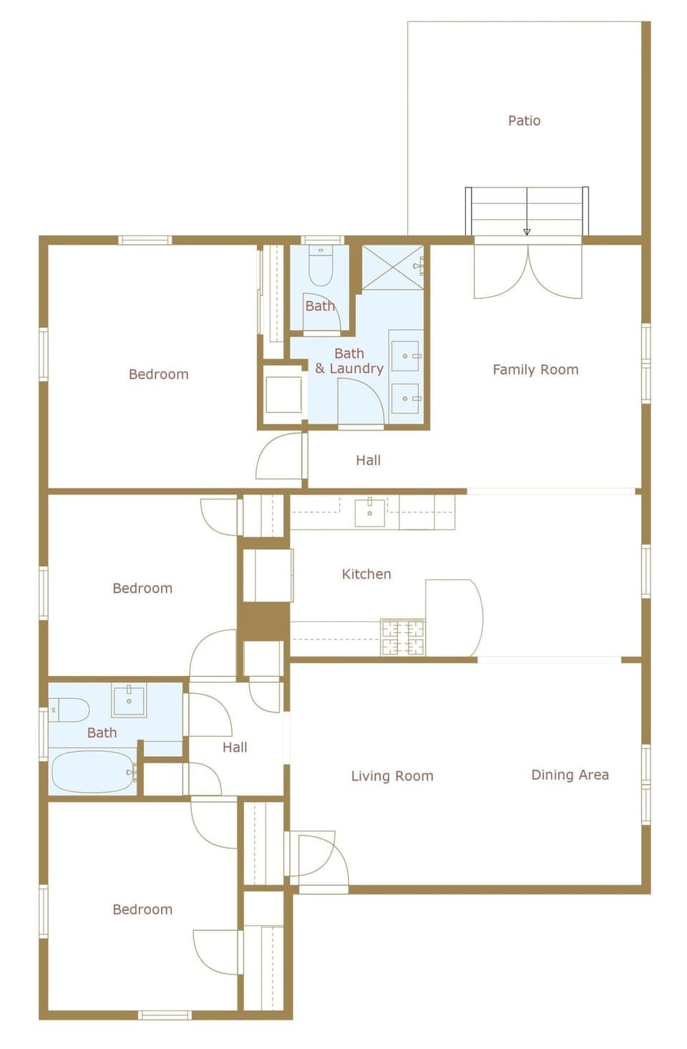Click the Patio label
(524, 120)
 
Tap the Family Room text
(535, 369)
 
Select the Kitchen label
(366, 574)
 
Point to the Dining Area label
(570, 774)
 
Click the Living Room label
(392, 775)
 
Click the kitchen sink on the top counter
(370, 512)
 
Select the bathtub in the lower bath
(92, 771)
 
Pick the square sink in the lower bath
(129, 700)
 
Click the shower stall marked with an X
(391, 267)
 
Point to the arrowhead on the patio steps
(527, 231)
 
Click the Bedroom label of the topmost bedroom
(158, 374)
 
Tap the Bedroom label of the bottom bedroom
(142, 909)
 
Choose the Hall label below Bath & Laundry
(368, 460)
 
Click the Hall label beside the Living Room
(234, 747)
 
